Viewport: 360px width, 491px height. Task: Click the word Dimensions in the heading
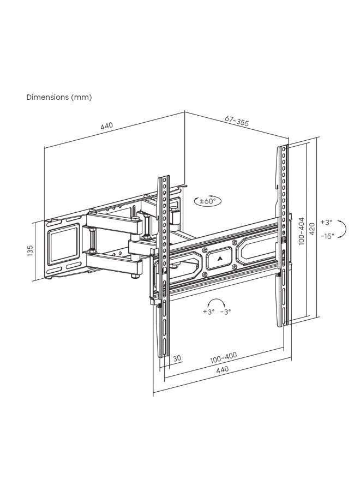coord(47,97)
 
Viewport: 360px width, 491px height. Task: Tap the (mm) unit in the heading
coord(81,98)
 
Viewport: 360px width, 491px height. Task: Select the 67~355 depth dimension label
coord(237,121)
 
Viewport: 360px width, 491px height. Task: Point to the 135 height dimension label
coord(30,251)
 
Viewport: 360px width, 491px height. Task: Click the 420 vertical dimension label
coord(311,229)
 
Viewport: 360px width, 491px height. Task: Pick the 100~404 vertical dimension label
coord(301,231)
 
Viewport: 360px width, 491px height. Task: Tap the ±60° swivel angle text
coord(208,201)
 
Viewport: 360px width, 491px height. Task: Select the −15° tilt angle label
coord(327,236)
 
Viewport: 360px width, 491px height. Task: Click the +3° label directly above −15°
coord(326,223)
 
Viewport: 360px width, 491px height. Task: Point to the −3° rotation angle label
coord(225,312)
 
